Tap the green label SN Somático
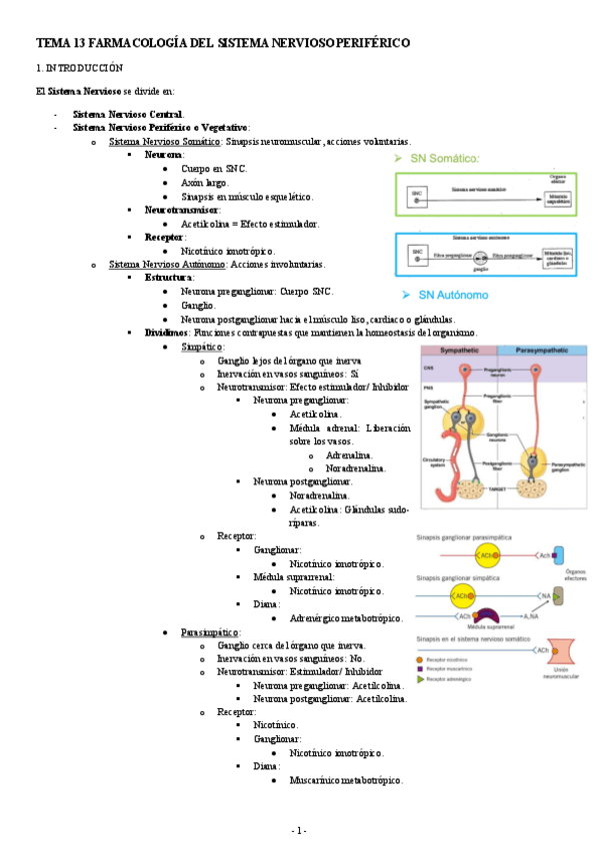tap(446, 158)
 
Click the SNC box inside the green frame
tap(417, 192)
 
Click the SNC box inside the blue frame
tap(416, 257)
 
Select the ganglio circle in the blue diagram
tap(480, 258)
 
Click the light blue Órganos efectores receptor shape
tap(558, 554)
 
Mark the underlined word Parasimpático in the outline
tap(209, 633)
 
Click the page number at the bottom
tap(299, 830)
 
